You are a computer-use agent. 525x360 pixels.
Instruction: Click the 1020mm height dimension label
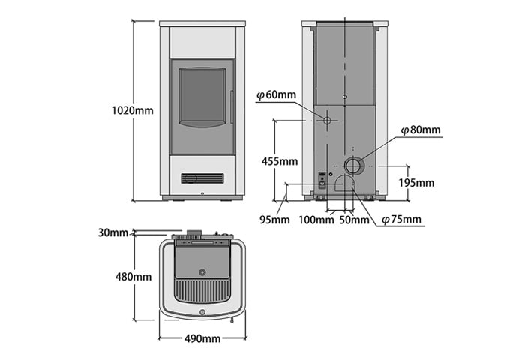click(133, 110)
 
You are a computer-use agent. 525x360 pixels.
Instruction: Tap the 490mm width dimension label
click(202, 338)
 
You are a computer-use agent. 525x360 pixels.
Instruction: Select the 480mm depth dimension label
click(133, 277)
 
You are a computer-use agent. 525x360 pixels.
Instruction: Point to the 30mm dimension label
click(112, 232)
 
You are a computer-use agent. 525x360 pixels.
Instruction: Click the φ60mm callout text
click(277, 95)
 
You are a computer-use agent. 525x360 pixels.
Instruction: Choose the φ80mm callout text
click(421, 130)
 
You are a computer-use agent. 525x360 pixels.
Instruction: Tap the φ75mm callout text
click(401, 220)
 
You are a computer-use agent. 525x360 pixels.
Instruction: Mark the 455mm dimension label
click(280, 161)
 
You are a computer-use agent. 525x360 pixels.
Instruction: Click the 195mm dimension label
click(416, 183)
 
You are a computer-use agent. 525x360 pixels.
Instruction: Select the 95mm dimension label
click(275, 220)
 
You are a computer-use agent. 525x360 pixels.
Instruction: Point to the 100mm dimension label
click(316, 220)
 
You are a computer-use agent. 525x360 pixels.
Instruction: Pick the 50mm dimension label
click(354, 220)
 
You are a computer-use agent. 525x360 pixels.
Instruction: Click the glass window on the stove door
click(202, 97)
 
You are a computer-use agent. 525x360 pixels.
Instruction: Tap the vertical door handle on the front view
click(231, 106)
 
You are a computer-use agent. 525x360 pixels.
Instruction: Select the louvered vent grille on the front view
click(202, 178)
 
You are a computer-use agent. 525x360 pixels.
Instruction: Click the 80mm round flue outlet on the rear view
click(352, 166)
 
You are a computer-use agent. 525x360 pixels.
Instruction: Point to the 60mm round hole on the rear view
click(327, 120)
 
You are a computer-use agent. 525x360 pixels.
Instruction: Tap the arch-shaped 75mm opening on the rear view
click(343, 183)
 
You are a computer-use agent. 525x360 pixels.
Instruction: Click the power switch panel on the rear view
click(322, 180)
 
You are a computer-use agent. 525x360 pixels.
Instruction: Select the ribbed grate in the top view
click(202, 291)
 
